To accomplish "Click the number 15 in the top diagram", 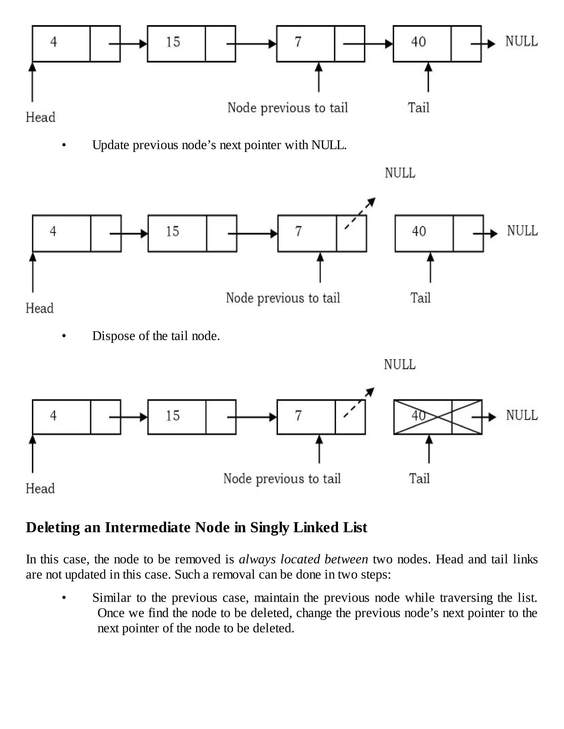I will [x=173, y=42].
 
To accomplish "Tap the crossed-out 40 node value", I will [x=419, y=416].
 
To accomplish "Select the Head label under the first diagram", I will [x=40, y=117].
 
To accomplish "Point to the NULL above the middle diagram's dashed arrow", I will [x=400, y=173].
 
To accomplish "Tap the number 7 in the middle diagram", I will [x=298, y=231].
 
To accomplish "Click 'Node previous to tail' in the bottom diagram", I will [x=282, y=479].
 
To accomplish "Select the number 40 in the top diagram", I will [x=418, y=42].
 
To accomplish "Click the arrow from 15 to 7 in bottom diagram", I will [x=252, y=417].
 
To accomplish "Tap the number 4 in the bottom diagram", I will [x=53, y=416].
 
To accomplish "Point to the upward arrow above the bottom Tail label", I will [x=429, y=449].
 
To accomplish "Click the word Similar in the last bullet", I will [x=112, y=598].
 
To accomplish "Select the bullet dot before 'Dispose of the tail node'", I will [x=64, y=336].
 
